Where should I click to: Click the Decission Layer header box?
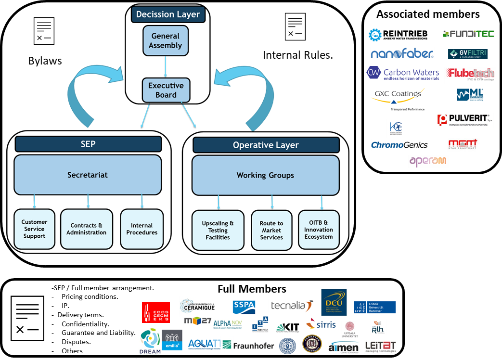pos(168,14)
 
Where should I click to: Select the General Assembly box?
pos(166,41)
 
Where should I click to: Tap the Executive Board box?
pos(166,90)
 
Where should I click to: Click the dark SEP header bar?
pos(88,144)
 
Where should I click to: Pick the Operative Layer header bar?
pos(266,145)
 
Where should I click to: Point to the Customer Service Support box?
pos(35,229)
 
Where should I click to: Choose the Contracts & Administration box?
pos(87,229)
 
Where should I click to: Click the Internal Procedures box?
pos(142,229)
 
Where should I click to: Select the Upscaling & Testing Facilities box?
pos(218,230)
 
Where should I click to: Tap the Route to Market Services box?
pos(271,230)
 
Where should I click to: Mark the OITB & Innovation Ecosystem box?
pos(319,230)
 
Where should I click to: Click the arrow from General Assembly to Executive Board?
pos(166,66)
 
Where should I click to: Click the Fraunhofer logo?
pos(247,346)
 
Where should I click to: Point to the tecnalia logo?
pos(292,306)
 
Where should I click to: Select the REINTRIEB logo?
pos(398,35)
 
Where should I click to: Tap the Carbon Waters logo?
pos(403,73)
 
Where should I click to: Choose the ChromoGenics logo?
pos(399,145)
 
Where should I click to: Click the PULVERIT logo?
pos(464,120)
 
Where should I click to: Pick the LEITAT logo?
pos(381,347)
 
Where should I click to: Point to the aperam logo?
pos(428,161)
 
